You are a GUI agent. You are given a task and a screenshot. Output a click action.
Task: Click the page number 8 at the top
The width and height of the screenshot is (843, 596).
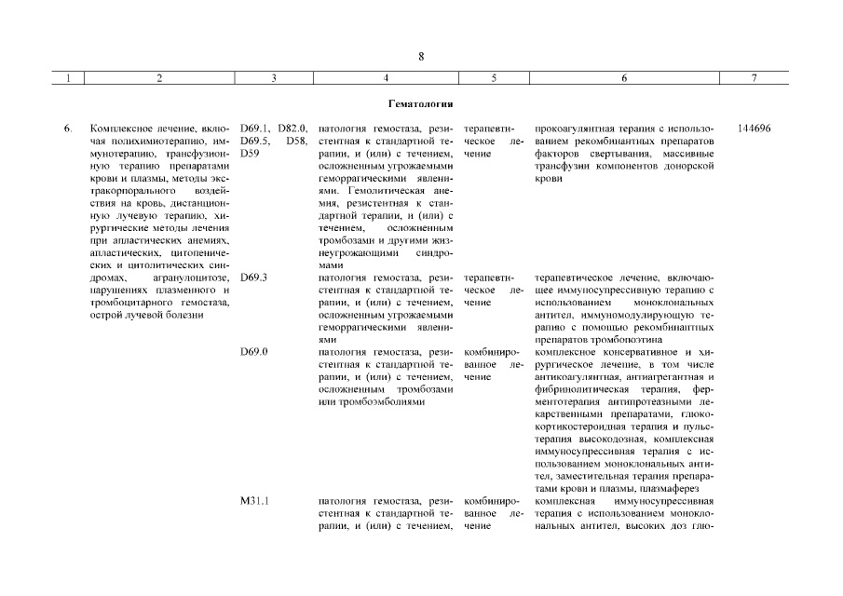coord(421,57)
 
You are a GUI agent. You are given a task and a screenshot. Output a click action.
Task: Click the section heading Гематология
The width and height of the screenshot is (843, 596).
coord(421,103)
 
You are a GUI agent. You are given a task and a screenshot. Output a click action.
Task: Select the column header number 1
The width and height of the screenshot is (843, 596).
coord(69,79)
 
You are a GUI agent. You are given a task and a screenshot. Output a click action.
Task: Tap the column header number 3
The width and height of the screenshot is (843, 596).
coord(273,79)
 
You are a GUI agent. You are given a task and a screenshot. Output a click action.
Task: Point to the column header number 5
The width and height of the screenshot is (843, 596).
coord(493,79)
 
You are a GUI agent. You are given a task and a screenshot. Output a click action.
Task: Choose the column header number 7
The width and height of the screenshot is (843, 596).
coord(753,79)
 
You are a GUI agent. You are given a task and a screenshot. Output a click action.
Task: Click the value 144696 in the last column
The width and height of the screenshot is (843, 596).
coord(753,128)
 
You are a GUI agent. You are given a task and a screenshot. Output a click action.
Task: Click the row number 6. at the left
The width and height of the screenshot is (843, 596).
coord(68,128)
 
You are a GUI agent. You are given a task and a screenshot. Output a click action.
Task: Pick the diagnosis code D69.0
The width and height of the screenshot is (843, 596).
coord(254,352)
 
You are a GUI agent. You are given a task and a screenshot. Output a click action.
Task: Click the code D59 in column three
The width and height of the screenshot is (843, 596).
coord(250,153)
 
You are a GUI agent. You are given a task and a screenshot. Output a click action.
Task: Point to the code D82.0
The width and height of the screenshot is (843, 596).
coord(292,128)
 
